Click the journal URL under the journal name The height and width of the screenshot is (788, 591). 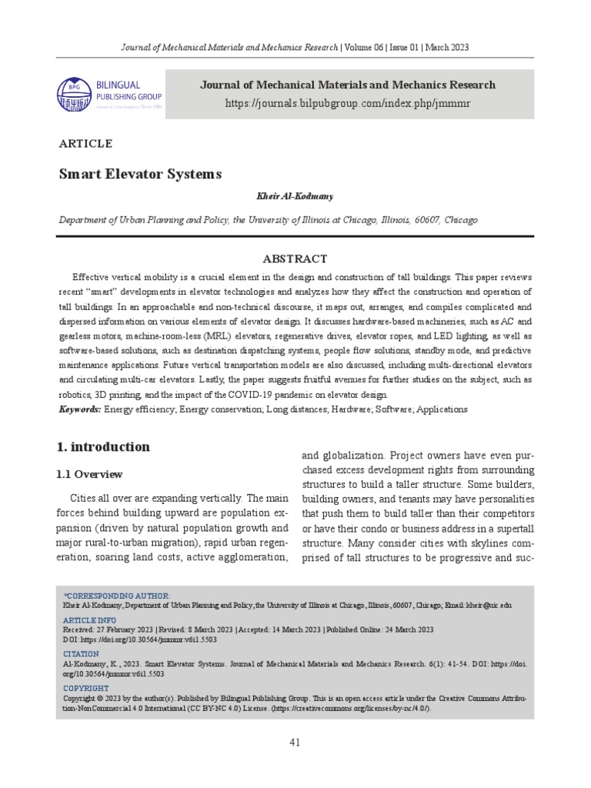349,102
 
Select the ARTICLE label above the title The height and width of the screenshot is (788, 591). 85,144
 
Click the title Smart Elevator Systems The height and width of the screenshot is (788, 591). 140,174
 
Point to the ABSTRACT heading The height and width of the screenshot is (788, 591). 295,259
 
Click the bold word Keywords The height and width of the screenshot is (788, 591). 79,409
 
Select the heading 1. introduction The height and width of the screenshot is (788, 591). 104,447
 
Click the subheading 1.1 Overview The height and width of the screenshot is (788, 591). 91,474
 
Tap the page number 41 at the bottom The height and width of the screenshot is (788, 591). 295,742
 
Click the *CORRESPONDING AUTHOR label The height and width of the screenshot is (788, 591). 117,596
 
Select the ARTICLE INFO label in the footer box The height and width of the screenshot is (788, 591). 89,619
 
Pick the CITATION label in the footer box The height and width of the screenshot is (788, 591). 81,653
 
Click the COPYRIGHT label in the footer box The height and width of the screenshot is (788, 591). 85,687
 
